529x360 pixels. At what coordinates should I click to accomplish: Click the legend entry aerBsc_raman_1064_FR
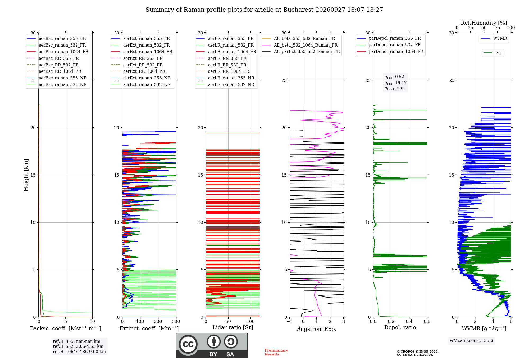(x=58, y=52)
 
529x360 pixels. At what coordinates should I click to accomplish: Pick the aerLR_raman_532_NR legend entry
(x=225, y=84)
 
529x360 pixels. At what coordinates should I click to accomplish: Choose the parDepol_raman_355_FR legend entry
(x=389, y=38)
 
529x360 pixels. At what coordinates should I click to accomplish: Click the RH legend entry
(x=492, y=53)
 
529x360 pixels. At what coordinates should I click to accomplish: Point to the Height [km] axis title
(x=26, y=175)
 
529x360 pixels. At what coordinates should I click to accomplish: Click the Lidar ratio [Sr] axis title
(x=233, y=327)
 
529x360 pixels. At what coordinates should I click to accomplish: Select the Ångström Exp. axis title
(x=317, y=329)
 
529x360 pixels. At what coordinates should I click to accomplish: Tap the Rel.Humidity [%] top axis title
(x=484, y=23)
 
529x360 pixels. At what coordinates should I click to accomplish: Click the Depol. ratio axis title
(x=400, y=327)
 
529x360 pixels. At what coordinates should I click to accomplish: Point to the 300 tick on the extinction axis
(x=176, y=321)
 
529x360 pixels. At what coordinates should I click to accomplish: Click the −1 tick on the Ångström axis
(x=289, y=321)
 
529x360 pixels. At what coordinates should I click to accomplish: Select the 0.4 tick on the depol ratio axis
(x=409, y=321)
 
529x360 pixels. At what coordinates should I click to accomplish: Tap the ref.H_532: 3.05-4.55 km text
(x=78, y=346)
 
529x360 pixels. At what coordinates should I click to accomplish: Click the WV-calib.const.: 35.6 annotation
(x=471, y=340)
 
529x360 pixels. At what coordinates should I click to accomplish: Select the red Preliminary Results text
(x=276, y=352)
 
